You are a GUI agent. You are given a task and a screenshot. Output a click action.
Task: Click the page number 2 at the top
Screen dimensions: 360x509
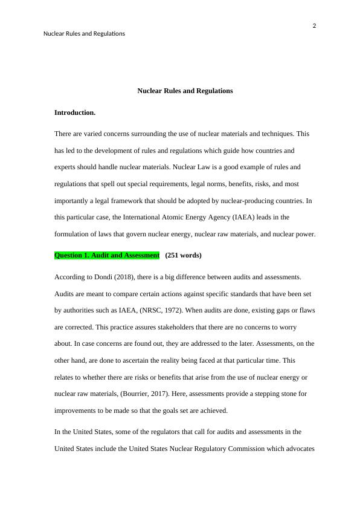315,25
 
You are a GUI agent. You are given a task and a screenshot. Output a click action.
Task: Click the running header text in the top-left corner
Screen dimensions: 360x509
84,34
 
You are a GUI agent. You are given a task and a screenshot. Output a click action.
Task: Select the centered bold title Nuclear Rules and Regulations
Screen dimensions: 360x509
185,91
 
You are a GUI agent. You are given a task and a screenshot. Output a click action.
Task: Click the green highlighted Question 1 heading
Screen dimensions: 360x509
107,255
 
